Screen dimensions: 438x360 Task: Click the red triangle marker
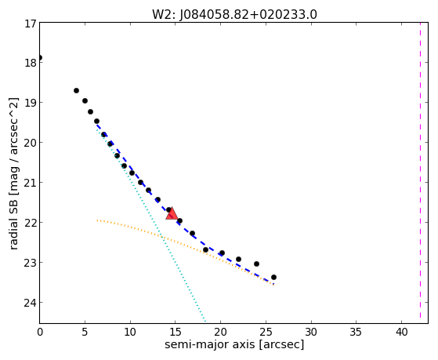point(172,213)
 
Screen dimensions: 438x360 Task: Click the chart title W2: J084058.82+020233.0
point(234,15)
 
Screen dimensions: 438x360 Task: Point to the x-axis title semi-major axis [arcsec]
point(234,344)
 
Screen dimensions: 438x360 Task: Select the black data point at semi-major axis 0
point(40,58)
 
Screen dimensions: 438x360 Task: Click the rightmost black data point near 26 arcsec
point(273,277)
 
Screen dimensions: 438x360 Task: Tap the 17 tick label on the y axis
point(31,24)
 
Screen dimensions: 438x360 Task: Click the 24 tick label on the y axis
point(31,303)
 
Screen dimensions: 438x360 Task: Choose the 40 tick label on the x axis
point(401,333)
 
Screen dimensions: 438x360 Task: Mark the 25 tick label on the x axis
point(266,333)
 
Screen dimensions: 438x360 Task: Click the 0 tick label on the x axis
point(40,333)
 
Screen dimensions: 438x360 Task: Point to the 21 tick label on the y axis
point(31,183)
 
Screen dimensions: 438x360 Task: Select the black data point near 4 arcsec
point(76,91)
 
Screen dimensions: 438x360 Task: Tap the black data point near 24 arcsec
point(256,264)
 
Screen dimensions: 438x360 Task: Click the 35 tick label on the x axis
point(357,333)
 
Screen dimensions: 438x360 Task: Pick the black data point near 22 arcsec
point(238,260)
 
